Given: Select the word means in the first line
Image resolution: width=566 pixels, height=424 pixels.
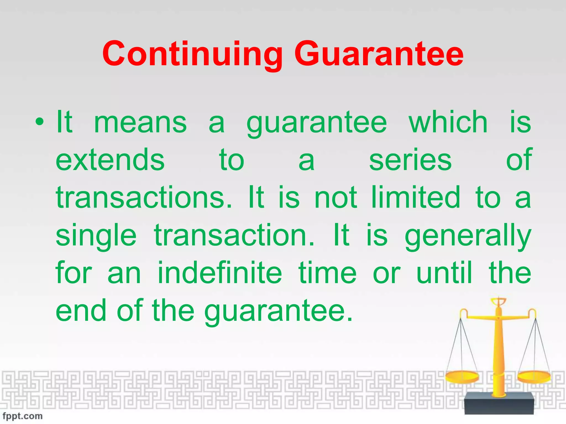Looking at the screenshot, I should click(x=140, y=122).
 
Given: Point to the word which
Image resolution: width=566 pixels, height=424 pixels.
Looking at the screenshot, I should click(x=448, y=122).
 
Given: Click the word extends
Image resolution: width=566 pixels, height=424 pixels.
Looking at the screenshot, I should click(x=110, y=160).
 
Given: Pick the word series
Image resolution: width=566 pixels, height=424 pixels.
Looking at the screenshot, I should click(x=410, y=160).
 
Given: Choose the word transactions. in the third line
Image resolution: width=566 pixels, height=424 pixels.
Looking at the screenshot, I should click(x=144, y=198).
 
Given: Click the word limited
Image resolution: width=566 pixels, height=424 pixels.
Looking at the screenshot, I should click(x=415, y=198).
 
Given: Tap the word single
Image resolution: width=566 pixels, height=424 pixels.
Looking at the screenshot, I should click(x=96, y=235).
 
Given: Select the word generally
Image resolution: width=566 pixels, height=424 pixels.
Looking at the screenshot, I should click(x=468, y=235).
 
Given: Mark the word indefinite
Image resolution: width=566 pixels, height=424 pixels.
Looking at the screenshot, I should click(x=220, y=273).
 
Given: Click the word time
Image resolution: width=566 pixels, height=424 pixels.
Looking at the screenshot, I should click(x=327, y=273).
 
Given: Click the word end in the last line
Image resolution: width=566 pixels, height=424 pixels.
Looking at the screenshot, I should click(x=81, y=311).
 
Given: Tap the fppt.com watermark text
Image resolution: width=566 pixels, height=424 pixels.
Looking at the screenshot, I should click(x=23, y=416).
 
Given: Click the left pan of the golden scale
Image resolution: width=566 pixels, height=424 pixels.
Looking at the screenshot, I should click(x=462, y=377).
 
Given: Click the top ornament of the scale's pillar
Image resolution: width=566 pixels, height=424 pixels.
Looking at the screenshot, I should click(x=499, y=302).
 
